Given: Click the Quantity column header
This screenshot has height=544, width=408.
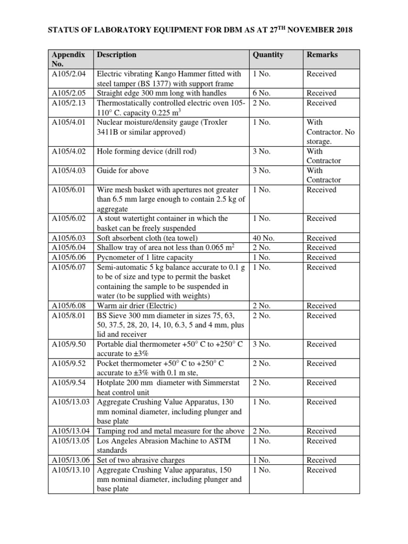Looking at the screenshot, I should (268, 55).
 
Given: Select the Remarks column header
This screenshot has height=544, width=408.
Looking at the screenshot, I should (322, 55).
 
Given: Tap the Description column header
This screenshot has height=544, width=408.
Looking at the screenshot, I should (116, 55).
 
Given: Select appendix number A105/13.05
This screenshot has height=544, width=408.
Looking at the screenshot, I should (71, 441).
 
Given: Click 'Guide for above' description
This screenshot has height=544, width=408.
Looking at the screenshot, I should (123, 171).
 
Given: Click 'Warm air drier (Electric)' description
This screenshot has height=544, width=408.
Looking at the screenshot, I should (137, 306).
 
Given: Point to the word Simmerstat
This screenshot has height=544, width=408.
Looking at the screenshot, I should (217, 383).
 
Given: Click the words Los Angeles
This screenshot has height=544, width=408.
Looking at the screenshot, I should (118, 441).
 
